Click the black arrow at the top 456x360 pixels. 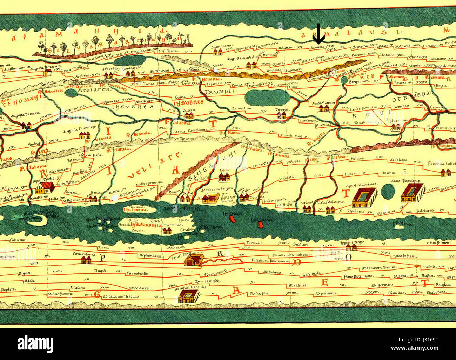(319, 34)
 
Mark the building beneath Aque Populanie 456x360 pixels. (413, 194)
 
